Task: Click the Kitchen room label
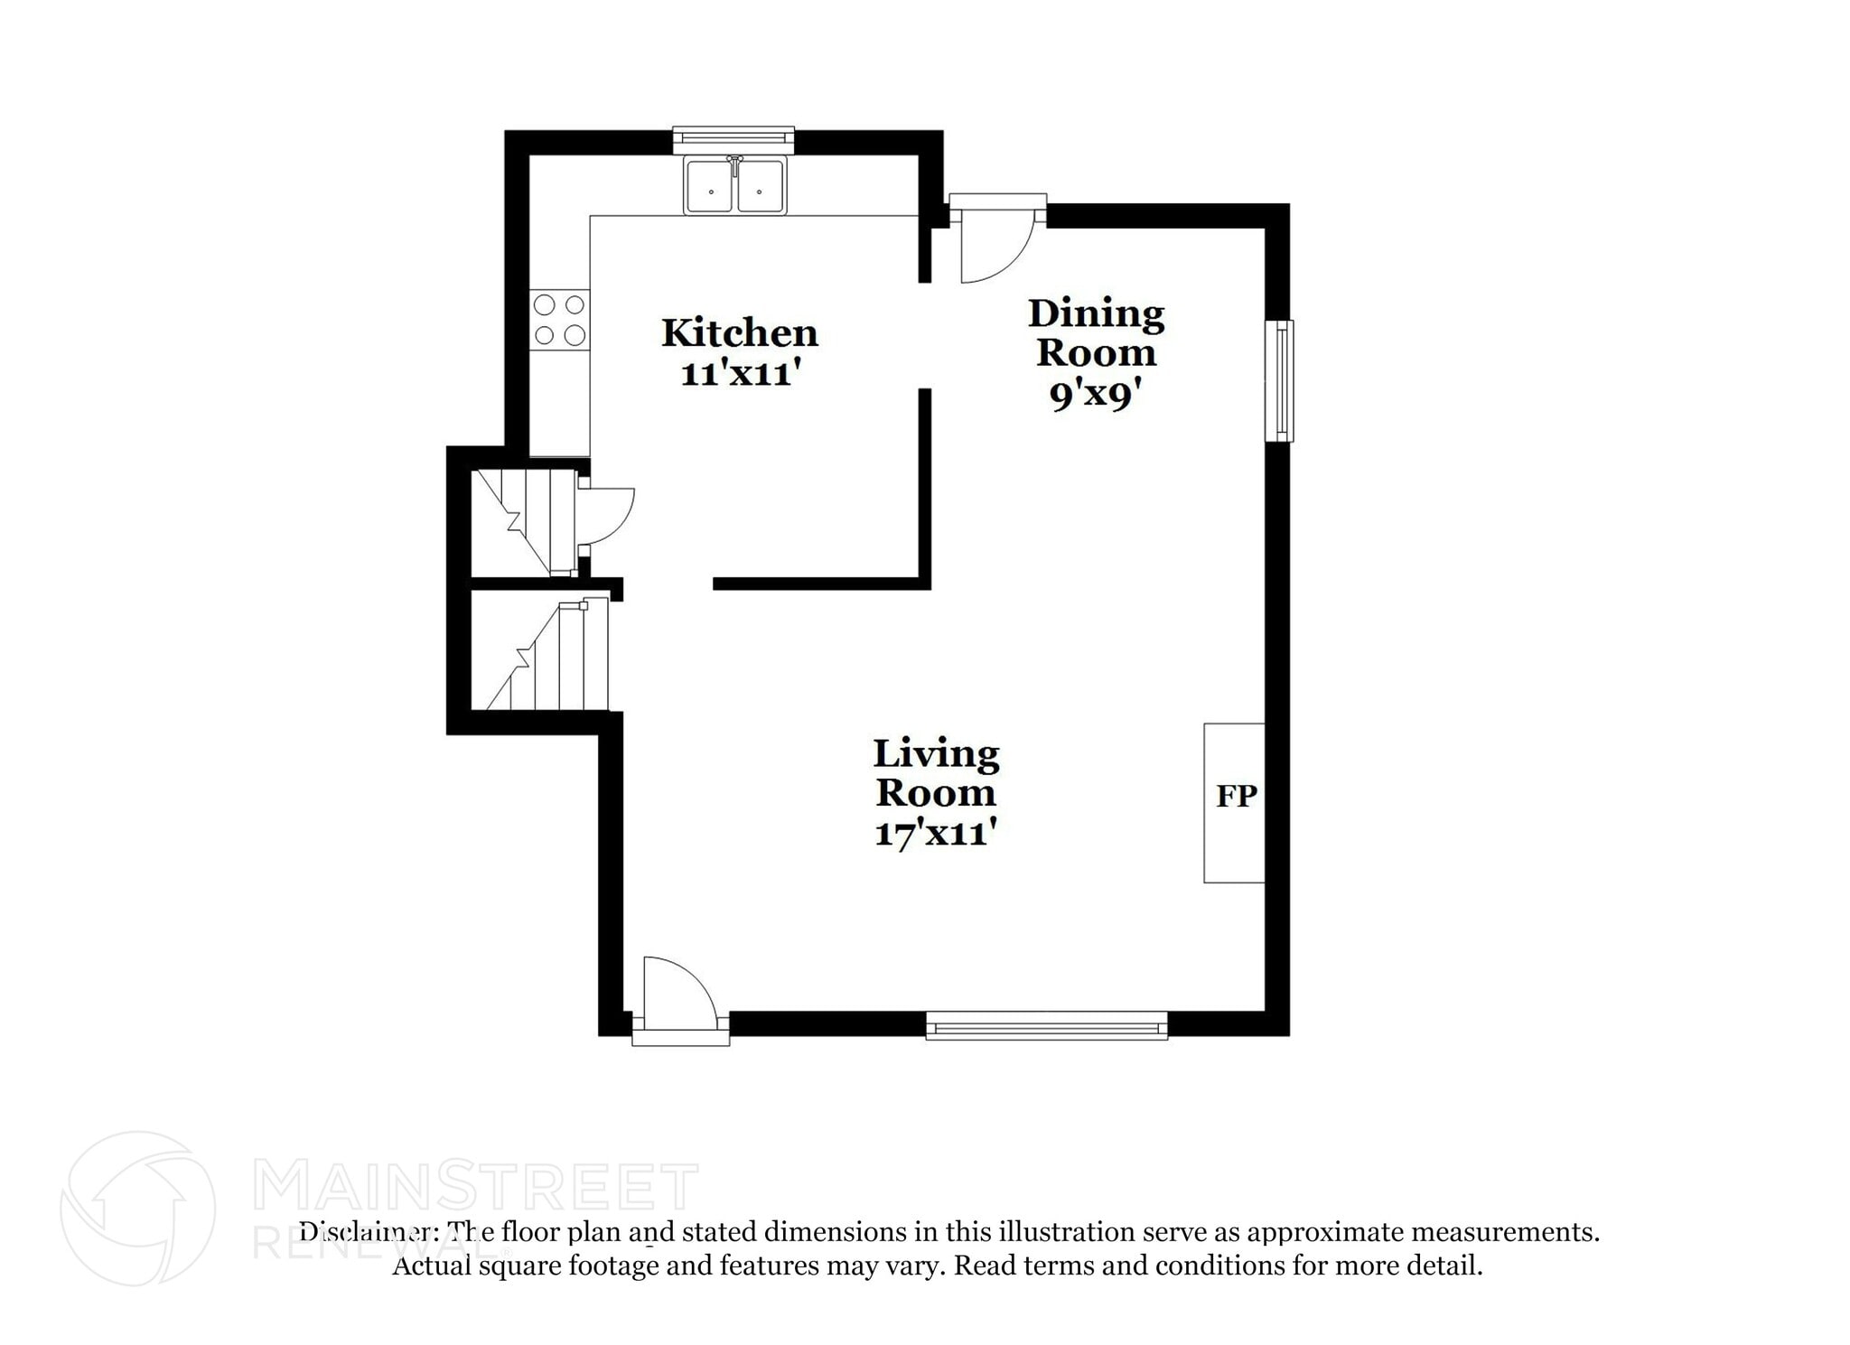pos(739,333)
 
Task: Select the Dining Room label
pos(1096,332)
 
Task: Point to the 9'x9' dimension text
pos(1096,395)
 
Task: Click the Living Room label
pos(936,773)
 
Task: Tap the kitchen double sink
pos(734,186)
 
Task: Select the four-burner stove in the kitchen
pos(559,320)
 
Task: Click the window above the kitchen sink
pos(733,138)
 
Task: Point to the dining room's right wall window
pos(1279,381)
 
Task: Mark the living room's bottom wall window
pos(1047,1026)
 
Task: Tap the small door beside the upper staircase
pos(604,516)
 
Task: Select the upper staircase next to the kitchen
pos(524,521)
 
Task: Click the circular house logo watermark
pos(137,1209)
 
